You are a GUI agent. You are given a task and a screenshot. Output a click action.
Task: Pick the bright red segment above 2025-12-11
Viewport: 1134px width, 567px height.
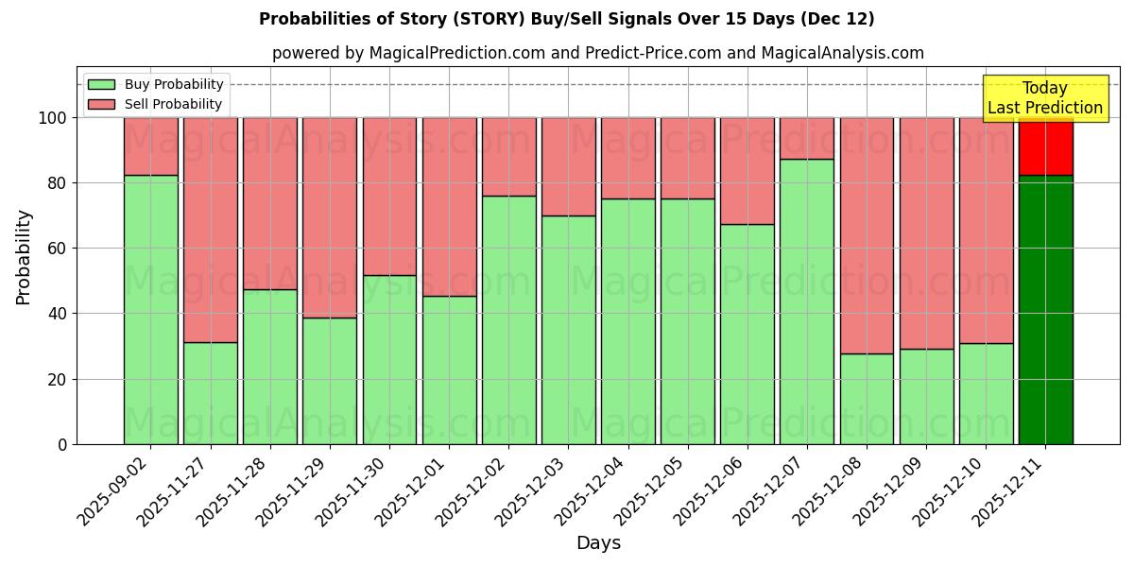[x=1045, y=146]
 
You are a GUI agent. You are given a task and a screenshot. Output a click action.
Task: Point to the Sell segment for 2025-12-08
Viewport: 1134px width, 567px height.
[x=867, y=235]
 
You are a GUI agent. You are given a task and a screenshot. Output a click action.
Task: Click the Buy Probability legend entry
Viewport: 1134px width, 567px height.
[x=156, y=84]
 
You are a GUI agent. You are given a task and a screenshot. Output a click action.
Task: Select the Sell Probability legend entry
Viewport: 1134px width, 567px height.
[x=156, y=104]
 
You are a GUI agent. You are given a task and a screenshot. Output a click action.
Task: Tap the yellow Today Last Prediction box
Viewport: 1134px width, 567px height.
[x=1045, y=98]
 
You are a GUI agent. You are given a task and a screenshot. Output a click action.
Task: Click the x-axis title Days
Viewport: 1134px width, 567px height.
[x=598, y=543]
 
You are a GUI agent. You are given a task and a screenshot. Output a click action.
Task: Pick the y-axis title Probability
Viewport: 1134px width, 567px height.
[x=24, y=257]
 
